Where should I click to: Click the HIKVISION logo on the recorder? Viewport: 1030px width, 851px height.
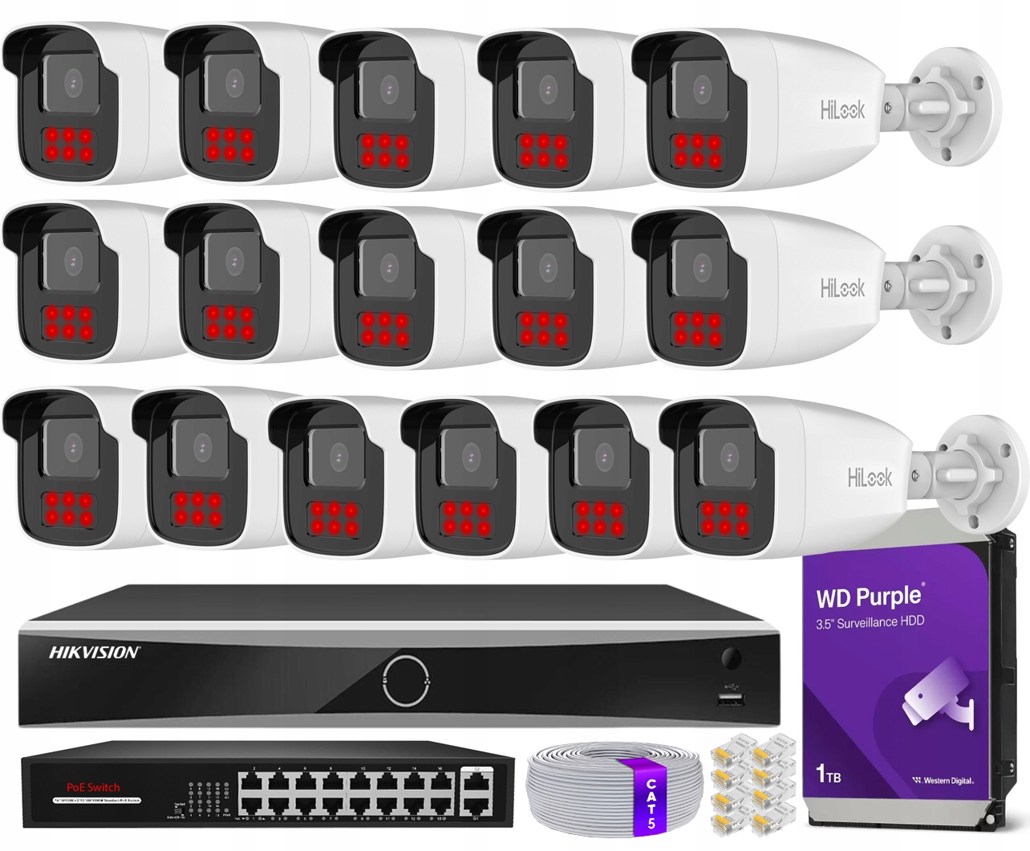coord(95,652)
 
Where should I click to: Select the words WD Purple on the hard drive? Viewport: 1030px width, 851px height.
coord(869,597)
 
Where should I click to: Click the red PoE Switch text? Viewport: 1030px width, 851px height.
coord(92,787)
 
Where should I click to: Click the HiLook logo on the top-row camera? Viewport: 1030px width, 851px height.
coord(842,111)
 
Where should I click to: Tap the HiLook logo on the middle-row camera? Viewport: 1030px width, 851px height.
coord(842,287)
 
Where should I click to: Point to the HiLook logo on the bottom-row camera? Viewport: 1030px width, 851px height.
coord(870,478)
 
